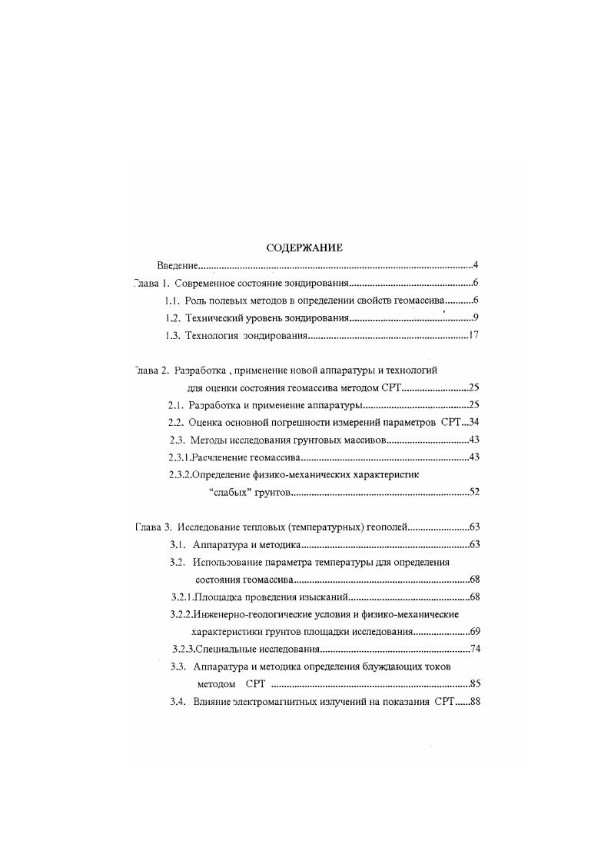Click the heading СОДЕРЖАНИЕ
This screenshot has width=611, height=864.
304,248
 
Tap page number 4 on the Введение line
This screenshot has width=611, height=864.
477,265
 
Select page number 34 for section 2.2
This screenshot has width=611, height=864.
474,422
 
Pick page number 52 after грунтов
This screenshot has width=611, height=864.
474,492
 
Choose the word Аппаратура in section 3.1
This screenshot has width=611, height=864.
219,545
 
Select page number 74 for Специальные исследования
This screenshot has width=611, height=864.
474,650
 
